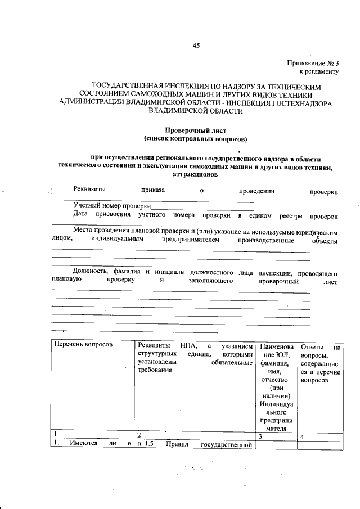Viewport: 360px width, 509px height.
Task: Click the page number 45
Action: coord(196,46)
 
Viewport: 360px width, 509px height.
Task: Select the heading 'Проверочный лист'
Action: coord(195,130)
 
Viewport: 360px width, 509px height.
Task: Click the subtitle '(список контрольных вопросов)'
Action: coord(195,138)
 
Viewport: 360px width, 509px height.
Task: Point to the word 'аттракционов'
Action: coord(195,174)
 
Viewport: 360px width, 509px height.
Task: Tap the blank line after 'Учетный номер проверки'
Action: coord(202,208)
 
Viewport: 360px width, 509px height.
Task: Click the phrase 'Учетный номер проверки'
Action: coord(112,206)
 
